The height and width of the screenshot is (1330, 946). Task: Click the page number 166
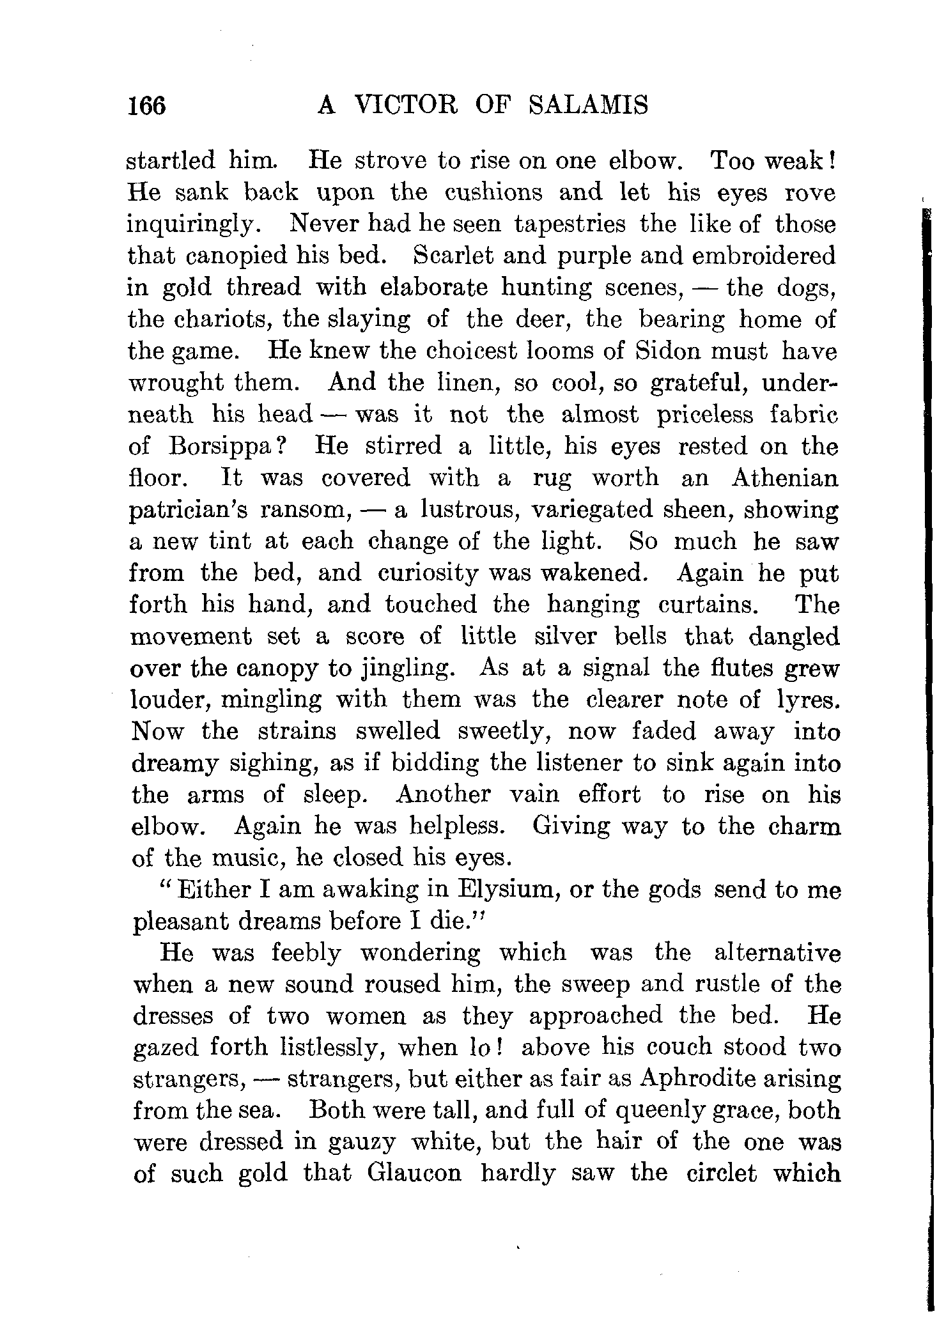(x=146, y=105)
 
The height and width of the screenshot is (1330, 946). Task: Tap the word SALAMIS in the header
(x=589, y=104)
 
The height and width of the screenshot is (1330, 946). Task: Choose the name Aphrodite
(x=697, y=1079)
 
